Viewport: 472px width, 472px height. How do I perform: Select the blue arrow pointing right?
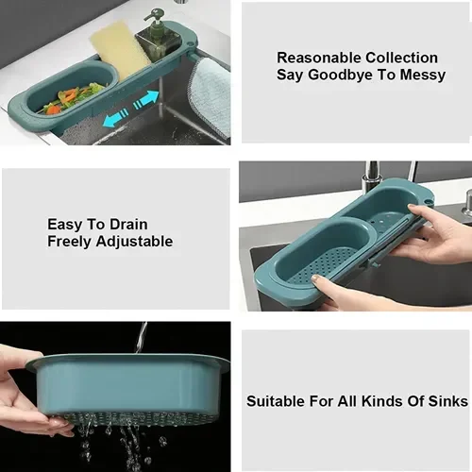[x=145, y=100]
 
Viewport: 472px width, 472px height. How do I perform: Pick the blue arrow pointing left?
[x=116, y=118]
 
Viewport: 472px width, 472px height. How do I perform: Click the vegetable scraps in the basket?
[x=76, y=97]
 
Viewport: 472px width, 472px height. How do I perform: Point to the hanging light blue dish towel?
[x=211, y=94]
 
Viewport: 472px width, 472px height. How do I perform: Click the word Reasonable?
[x=319, y=58]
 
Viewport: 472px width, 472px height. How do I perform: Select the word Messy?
[x=422, y=76]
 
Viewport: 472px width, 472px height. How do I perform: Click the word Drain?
[x=128, y=225]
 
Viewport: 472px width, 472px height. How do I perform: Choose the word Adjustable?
[x=134, y=242]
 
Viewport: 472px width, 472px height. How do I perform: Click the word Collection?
[x=401, y=58]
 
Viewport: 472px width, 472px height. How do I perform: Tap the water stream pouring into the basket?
[x=141, y=337]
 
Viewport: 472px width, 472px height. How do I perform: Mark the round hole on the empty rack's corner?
[x=428, y=201]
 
